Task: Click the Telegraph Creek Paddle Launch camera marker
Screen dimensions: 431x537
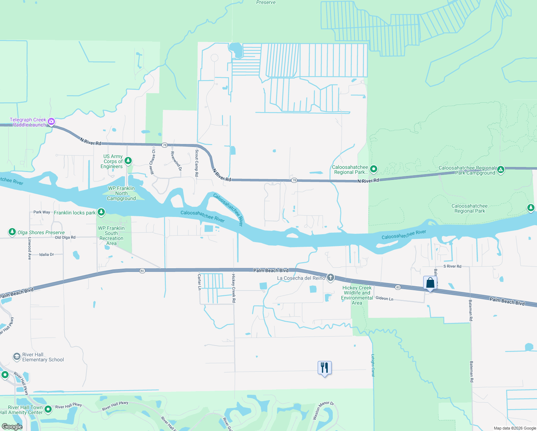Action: coord(51,121)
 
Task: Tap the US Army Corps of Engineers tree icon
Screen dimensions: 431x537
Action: coord(128,161)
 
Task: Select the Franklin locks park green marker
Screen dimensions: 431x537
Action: coord(101,212)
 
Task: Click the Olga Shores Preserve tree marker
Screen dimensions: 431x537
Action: coord(12,232)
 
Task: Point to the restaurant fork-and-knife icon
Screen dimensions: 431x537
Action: coord(324,368)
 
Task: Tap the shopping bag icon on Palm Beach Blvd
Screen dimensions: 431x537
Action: coord(430,283)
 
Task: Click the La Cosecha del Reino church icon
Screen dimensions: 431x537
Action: coord(330,278)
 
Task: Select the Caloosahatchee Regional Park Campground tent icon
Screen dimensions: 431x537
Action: coord(501,170)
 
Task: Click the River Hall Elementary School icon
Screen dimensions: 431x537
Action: coord(17,357)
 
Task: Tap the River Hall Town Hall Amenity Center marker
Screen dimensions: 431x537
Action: coord(48,409)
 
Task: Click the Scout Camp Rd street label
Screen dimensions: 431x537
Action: coord(197,163)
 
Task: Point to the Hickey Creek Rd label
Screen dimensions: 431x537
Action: coord(234,288)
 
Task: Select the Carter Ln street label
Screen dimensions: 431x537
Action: coord(199,282)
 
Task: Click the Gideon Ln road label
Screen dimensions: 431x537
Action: coord(384,298)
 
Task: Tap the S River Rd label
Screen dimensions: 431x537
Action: coord(452,266)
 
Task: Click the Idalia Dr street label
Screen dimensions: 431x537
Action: coord(47,254)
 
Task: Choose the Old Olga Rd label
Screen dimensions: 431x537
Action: coord(65,237)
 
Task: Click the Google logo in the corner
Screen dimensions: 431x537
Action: coord(12,427)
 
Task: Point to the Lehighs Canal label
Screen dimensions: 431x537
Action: coord(373,365)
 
